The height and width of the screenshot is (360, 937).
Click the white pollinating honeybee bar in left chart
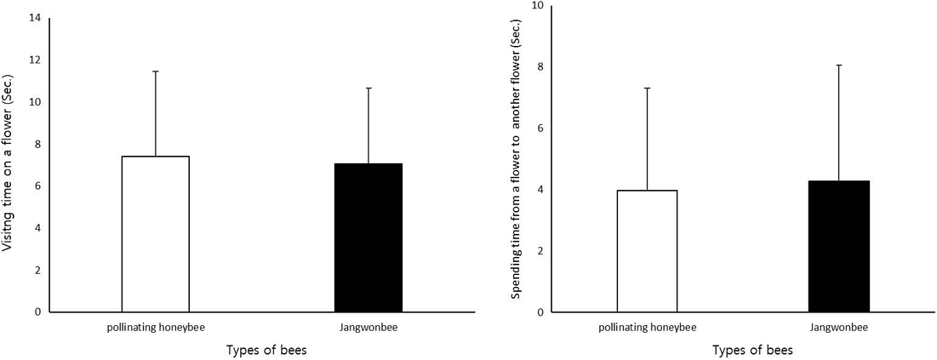[x=156, y=234]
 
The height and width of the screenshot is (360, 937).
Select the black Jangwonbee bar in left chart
[x=369, y=237]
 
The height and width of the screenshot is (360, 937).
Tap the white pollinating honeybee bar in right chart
[x=647, y=251]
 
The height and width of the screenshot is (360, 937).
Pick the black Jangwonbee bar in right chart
[x=838, y=246]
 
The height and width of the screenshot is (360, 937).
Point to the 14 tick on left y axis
[x=35, y=18]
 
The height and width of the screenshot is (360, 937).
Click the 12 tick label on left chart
[x=35, y=60]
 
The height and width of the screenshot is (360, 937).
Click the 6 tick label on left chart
[x=37, y=186]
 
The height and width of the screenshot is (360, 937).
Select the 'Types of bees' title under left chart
[x=266, y=350]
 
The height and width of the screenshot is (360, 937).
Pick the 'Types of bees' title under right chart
[x=751, y=350]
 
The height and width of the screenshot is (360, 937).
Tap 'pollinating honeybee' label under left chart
[x=157, y=328]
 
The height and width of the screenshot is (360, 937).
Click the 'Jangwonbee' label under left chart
[x=369, y=328]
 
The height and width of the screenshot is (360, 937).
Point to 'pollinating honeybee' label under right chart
[x=647, y=328]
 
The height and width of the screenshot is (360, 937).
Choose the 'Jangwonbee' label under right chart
[x=838, y=328]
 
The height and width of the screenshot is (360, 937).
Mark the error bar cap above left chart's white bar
[x=156, y=71]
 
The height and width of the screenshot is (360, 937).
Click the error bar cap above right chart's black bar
[x=838, y=65]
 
